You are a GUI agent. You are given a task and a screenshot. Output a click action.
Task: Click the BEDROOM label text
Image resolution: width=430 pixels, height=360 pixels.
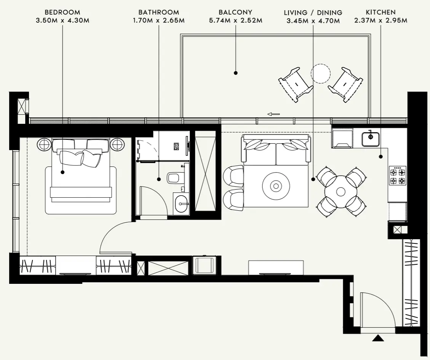coord(62,12)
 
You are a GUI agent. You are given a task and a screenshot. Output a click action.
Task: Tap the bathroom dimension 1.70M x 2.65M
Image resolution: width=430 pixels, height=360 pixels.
coord(159,20)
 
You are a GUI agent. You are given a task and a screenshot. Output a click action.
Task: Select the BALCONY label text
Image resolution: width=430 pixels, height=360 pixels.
coord(235,12)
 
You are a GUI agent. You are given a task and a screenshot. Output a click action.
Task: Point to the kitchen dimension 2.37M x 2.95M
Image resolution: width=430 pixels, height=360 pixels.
coord(380,20)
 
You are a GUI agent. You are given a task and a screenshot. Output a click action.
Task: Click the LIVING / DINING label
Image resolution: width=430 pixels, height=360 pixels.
coord(313,13)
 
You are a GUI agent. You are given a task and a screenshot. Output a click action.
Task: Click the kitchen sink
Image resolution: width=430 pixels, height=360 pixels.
coord(370,138)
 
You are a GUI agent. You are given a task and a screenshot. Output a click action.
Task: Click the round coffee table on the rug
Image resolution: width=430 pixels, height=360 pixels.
coord(275,186)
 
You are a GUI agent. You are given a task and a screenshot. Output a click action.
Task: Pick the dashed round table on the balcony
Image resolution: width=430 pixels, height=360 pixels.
coord(320,73)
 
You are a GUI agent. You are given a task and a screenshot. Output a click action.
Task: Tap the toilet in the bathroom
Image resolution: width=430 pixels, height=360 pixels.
coord(174,178)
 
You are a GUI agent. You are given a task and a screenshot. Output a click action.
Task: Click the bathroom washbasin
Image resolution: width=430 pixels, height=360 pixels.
coord(181,204)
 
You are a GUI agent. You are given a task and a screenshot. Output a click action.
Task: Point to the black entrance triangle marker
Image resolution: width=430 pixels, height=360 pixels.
coord(378,338)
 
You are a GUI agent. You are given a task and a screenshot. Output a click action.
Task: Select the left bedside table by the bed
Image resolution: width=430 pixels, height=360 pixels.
coord(44,144)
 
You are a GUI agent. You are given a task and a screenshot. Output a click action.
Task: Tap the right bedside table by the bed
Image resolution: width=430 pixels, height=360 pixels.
coord(117,144)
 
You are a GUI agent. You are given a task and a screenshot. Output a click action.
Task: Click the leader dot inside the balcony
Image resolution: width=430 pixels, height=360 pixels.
coord(235,73)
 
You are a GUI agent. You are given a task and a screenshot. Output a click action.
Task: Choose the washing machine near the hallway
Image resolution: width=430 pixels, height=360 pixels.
coord(205,265)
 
